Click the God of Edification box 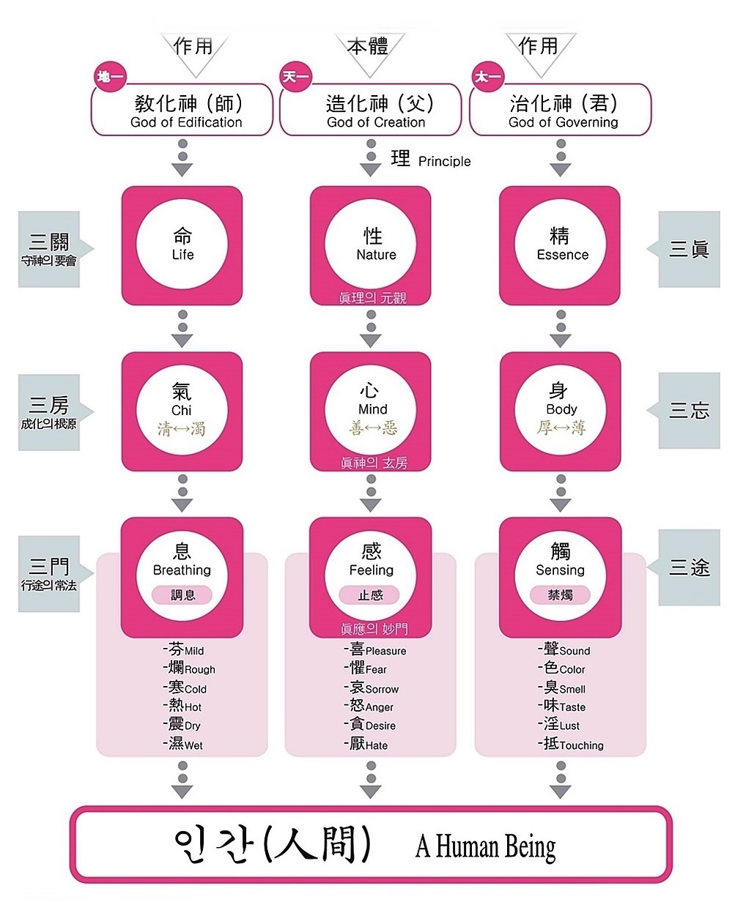coord(182,110)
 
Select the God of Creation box coord(371,110)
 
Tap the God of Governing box coord(561,110)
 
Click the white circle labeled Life coord(182,245)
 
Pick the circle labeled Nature coord(371,245)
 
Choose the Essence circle coord(561,245)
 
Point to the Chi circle coord(182,410)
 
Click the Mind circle coord(371,410)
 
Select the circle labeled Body coord(561,410)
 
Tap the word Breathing coord(182,570)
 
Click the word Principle coord(444,162)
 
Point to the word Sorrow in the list coord(382,690)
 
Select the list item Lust coord(569,726)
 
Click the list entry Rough coord(200,670)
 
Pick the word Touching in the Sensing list coord(581,746)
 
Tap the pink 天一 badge coord(296,77)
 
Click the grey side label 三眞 coord(689,249)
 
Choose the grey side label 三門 coord(49,573)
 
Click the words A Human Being coord(485,847)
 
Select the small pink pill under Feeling coord(370,595)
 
